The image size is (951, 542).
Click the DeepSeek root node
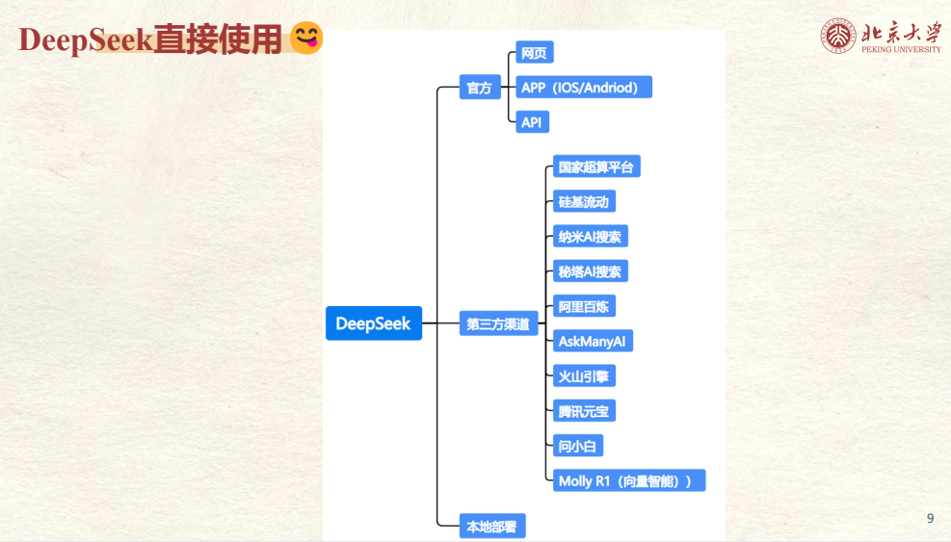[x=373, y=323]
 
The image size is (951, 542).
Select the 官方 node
[x=479, y=89]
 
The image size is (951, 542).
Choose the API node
[x=532, y=122]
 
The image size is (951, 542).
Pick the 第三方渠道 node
[x=498, y=324]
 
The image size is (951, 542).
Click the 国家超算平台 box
[x=596, y=167]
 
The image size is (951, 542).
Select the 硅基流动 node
[x=584, y=202]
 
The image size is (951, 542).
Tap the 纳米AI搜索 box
[x=590, y=237]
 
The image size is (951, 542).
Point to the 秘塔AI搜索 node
[x=590, y=271]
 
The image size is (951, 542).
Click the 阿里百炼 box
[x=584, y=307]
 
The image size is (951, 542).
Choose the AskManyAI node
[x=593, y=341]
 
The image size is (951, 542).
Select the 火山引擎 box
[x=584, y=376]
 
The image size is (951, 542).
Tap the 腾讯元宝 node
[x=584, y=411]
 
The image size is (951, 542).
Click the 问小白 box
[x=578, y=446]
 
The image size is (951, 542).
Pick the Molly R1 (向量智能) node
[x=628, y=480]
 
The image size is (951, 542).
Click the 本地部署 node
[x=491, y=527]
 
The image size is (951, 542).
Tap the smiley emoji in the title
[x=306, y=39]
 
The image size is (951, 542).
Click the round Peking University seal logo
[x=838, y=36]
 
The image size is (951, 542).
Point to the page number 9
[x=930, y=519]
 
